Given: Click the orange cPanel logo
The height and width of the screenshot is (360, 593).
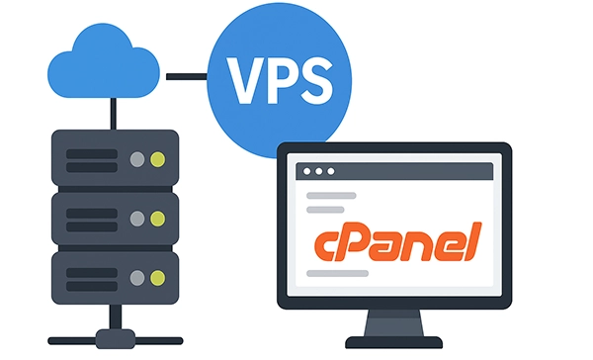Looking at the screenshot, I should click(395, 240).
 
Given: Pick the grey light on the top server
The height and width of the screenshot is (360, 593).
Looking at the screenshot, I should click(136, 158).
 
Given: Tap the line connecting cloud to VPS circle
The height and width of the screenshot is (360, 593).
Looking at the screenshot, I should click(187, 74).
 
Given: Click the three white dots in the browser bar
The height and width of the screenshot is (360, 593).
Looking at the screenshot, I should click(317, 171).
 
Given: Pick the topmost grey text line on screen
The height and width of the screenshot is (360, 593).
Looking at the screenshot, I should click(332, 196).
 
